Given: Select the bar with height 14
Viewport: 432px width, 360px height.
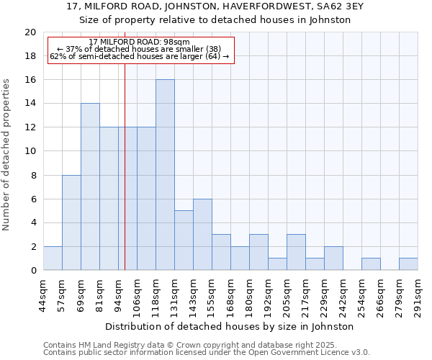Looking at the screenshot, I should pyautogui.click(x=90, y=187).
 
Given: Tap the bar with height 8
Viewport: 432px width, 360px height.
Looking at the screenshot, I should pyautogui.click(x=71, y=222).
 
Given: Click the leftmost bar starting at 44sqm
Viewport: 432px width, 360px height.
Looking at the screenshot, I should pyautogui.click(x=53, y=258).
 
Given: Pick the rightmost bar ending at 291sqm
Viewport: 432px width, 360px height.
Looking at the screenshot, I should pyautogui.click(x=408, y=264).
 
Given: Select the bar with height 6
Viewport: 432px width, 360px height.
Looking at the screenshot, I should pyautogui.click(x=202, y=235).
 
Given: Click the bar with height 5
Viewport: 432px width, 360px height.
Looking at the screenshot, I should pyautogui.click(x=184, y=240).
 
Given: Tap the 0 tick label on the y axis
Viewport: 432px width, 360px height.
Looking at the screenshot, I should pyautogui.click(x=32, y=271).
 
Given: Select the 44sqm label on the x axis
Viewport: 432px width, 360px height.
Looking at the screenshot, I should pyautogui.click(x=44, y=296).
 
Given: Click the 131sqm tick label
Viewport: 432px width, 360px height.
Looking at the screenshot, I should pyautogui.click(x=175, y=296).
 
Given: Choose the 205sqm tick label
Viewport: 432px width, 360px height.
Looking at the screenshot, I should pyautogui.click(x=287, y=296).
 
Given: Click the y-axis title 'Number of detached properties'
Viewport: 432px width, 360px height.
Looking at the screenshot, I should pyautogui.click(x=7, y=155).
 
